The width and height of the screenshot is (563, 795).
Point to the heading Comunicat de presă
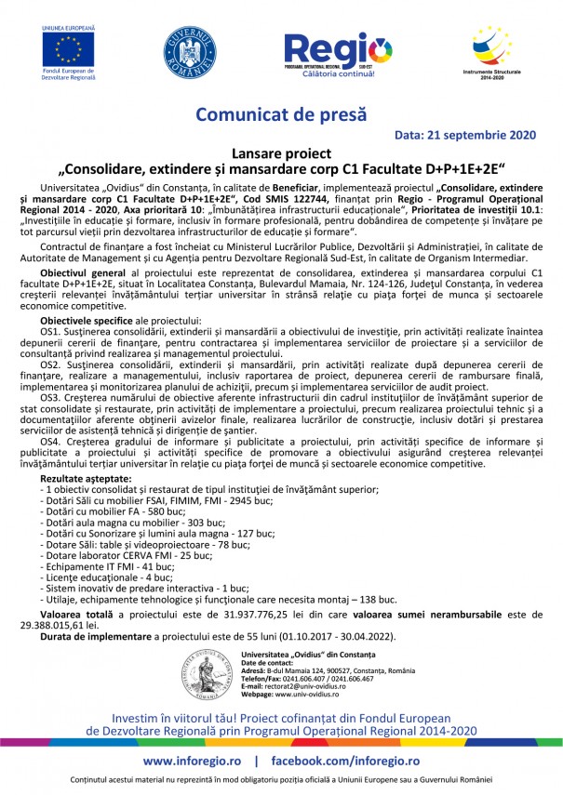tap(280, 114)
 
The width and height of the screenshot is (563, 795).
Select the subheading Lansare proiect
tap(281, 153)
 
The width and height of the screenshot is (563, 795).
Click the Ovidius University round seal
tap(209, 676)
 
